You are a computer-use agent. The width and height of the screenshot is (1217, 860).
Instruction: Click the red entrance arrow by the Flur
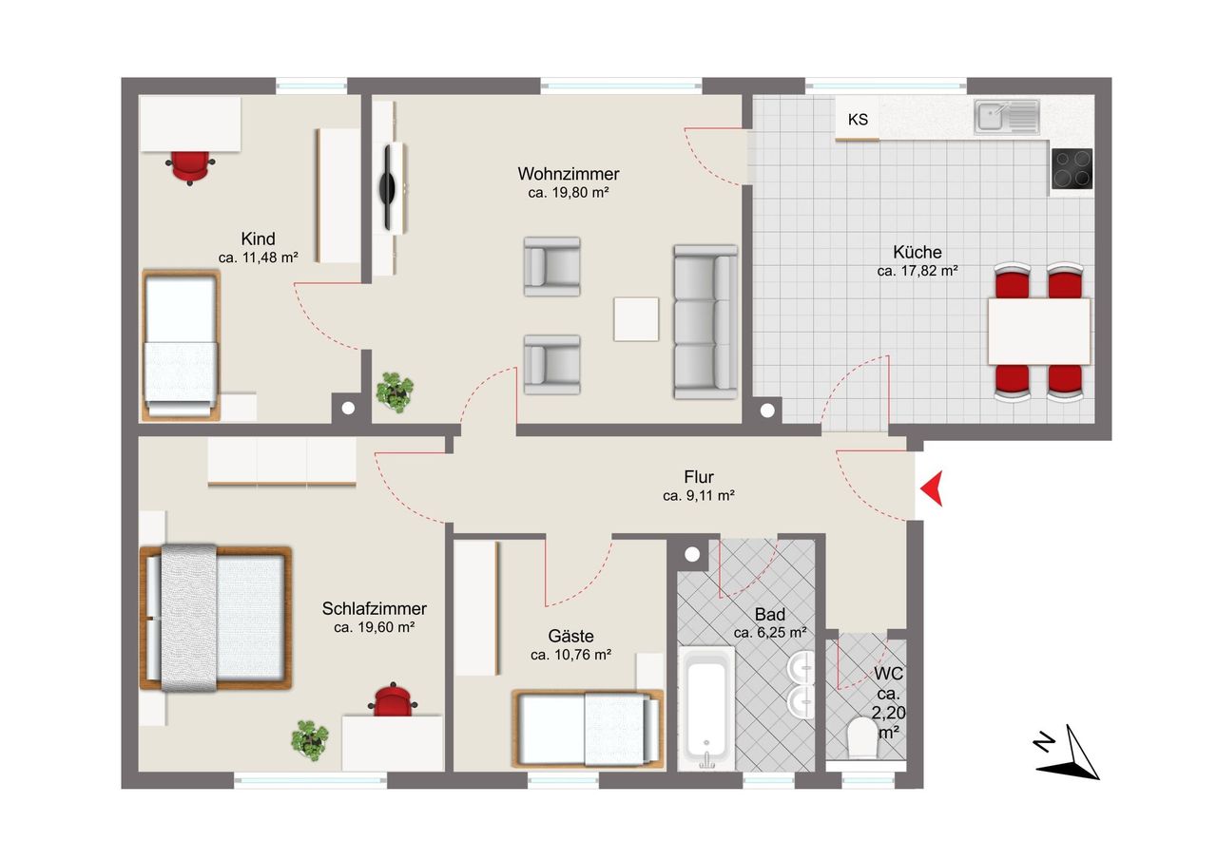point(933,488)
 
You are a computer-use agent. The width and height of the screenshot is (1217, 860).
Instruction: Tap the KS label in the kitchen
point(858,120)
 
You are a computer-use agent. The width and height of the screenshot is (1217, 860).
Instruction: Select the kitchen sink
point(1006,116)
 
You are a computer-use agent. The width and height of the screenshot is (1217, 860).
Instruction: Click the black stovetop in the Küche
point(1072,169)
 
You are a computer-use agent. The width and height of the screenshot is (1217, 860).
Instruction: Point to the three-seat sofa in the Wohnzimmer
point(705,322)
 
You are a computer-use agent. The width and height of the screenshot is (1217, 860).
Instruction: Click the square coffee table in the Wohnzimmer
point(636,319)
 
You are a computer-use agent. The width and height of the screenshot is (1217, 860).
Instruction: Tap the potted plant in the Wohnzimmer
point(395,392)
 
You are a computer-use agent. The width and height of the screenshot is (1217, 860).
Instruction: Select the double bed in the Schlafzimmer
point(216,618)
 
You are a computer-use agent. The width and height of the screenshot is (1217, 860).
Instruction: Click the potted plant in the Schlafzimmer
point(310,740)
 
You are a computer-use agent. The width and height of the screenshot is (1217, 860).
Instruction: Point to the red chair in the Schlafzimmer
point(393,699)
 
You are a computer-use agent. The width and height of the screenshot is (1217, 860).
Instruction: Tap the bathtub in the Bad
point(706,708)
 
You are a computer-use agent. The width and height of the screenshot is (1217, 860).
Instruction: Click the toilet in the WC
point(862,737)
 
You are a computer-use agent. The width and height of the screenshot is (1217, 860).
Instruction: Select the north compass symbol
point(1067,755)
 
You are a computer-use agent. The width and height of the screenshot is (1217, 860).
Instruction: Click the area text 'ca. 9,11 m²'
point(699,496)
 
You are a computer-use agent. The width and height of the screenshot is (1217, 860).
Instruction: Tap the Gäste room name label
point(570,635)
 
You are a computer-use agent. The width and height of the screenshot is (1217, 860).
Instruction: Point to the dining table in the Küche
point(1039,332)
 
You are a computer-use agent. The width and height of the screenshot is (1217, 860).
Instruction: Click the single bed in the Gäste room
point(588,729)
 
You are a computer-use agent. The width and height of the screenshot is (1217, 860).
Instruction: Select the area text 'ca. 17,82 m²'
point(918,271)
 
